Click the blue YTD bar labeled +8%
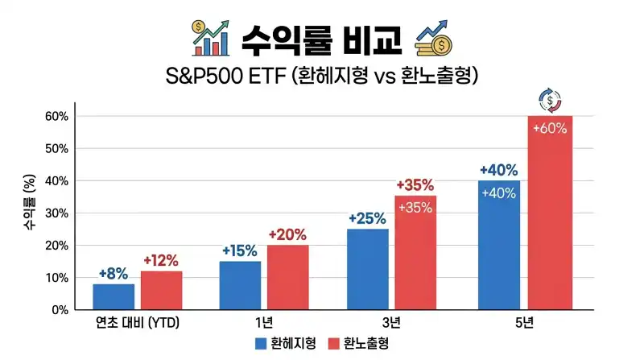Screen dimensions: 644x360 click(114, 296)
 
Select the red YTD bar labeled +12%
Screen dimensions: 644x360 click(162, 290)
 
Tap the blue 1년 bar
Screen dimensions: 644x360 click(240, 285)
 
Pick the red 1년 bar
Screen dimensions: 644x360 click(288, 277)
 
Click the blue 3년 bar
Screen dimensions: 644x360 click(368, 269)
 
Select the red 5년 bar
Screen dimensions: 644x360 click(550, 213)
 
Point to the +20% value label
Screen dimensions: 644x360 click(287, 234)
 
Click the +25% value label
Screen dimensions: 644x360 click(367, 218)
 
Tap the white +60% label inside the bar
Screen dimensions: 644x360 click(550, 129)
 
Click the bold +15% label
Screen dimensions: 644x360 click(240, 250)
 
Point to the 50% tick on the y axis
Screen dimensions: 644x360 click(56, 149)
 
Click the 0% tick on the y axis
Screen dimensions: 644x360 click(60, 310)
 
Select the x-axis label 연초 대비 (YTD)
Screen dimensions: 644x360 click(138, 323)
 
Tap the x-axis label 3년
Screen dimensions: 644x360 click(391, 323)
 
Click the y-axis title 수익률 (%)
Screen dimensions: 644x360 click(30, 202)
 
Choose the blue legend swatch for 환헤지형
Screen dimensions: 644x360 click(261, 344)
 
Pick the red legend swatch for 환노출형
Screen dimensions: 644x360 click(334, 344)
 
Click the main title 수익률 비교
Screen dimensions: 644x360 click(321, 39)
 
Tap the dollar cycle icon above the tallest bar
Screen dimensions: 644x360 click(550, 101)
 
